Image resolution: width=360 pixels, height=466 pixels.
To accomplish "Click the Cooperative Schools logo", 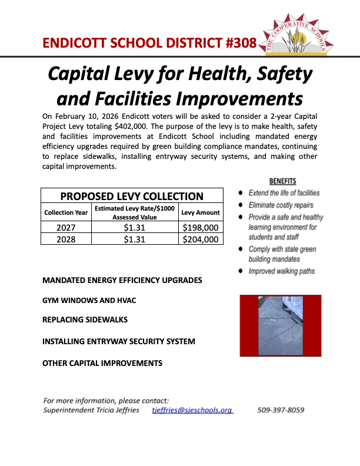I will (x=301, y=35).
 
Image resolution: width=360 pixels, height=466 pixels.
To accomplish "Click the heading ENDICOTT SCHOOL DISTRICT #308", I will (x=149, y=43).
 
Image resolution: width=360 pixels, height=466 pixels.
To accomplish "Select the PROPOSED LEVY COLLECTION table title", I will (x=132, y=197).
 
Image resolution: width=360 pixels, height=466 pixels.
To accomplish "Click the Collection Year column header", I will (x=66, y=212).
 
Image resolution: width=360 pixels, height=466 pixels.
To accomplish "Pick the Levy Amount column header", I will (x=201, y=212).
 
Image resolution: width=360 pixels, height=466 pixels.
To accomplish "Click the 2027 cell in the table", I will (x=66, y=228).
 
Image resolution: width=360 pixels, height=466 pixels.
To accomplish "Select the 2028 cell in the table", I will (x=66, y=239).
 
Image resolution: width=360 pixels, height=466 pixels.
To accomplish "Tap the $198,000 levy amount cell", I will (x=201, y=228).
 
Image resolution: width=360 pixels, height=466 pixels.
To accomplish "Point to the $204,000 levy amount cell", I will (x=201, y=239).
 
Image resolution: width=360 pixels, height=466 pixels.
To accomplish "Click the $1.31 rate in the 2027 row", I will (x=134, y=228).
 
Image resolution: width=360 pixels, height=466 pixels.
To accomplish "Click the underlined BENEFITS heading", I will (x=283, y=181).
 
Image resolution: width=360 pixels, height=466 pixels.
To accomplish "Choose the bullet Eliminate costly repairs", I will (x=282, y=205).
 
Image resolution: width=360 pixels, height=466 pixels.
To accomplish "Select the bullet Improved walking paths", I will (x=281, y=271).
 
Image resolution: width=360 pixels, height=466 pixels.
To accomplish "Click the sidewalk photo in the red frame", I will (x=279, y=325).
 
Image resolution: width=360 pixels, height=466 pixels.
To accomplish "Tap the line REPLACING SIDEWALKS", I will (x=85, y=320).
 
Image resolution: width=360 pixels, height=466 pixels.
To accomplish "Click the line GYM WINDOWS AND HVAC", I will (x=89, y=300).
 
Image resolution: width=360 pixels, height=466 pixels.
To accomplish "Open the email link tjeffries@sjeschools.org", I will (x=192, y=410).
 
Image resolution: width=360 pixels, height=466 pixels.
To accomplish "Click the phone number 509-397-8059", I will (x=281, y=410).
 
